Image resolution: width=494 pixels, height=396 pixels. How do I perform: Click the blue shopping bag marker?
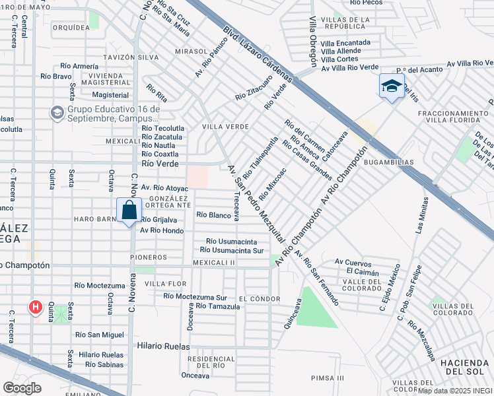129,211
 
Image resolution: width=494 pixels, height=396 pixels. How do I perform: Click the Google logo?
22,388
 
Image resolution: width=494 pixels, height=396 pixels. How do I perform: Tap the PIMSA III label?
328,378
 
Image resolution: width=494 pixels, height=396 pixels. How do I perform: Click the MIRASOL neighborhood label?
191,51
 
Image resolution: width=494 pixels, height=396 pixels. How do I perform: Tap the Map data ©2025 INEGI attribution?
455,390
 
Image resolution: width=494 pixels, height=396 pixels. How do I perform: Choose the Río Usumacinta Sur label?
231,250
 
